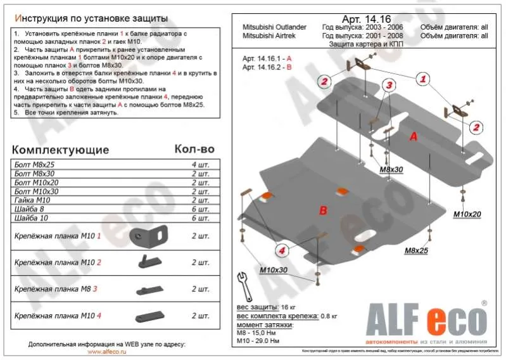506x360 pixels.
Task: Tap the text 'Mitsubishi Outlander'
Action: pyautogui.click(x=274, y=27)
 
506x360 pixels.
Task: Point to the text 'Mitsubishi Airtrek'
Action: pyautogui.click(x=270, y=36)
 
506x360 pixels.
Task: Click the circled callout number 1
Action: pyautogui.click(x=421, y=79)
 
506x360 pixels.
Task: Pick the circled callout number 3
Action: pyautogui.click(x=388, y=85)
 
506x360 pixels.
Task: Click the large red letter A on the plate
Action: pyautogui.click(x=413, y=137)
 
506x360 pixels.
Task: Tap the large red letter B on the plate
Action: pyautogui.click(x=322, y=210)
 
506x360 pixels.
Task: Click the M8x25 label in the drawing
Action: pyautogui.click(x=417, y=251)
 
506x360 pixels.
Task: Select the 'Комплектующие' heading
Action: pyautogui.click(x=61, y=150)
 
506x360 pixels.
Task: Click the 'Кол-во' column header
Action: pyautogui.click(x=194, y=149)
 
